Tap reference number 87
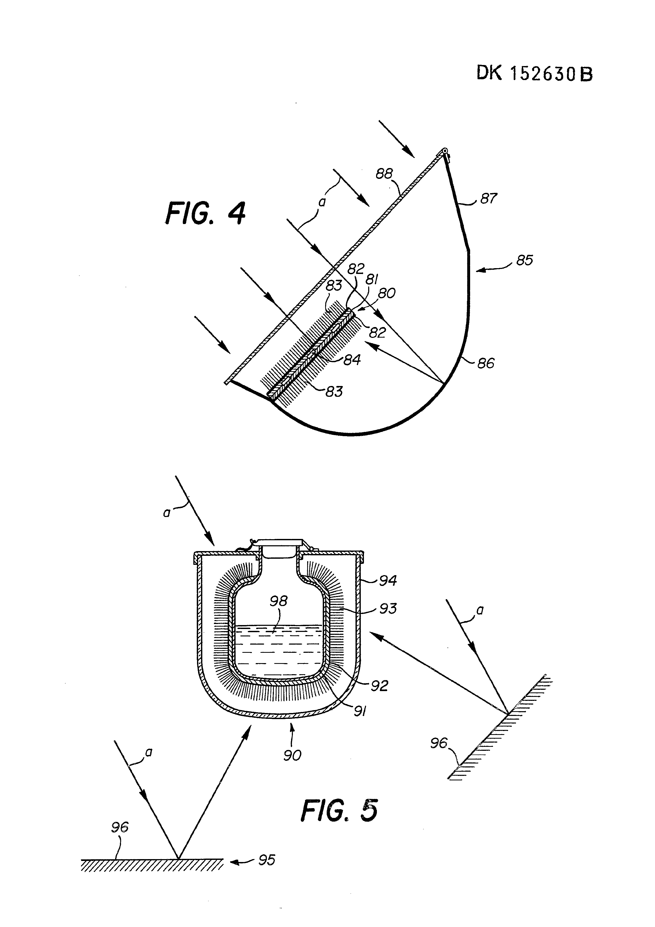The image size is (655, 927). (488, 198)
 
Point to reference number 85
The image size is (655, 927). (525, 260)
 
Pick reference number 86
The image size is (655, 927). (486, 363)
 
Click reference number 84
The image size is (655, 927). (352, 359)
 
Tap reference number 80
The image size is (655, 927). (387, 293)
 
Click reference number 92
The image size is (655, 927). (379, 685)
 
